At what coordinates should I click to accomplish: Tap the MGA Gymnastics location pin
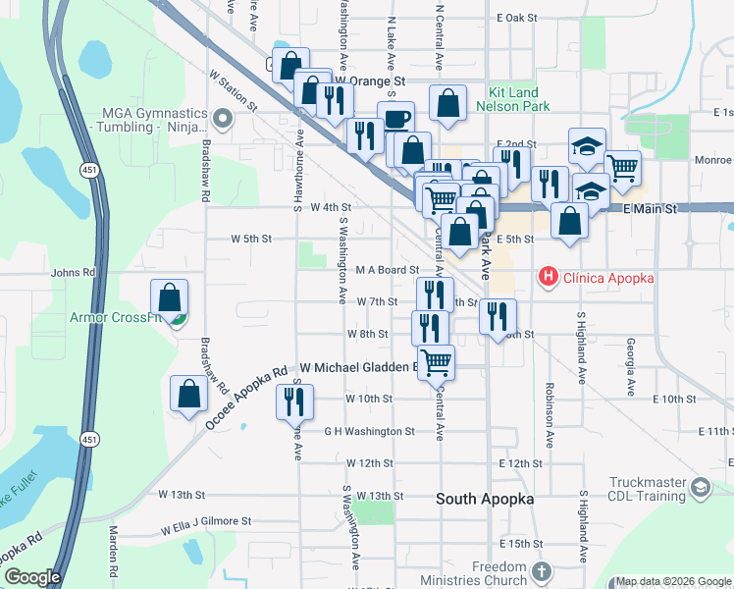222,120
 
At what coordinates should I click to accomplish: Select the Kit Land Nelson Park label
512,97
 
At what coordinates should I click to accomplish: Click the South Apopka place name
485,499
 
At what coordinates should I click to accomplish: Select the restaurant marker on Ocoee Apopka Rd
292,402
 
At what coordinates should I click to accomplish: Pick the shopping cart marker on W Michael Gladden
436,362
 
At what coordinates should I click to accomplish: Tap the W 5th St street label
251,239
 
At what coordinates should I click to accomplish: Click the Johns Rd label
73,273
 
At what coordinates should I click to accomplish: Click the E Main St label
650,209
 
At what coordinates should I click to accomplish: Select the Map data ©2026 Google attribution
672,581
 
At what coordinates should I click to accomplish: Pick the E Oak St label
517,18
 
